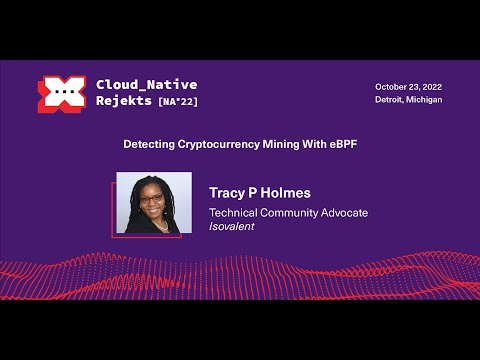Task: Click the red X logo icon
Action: tap(61, 93)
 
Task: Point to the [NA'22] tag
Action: tap(178, 102)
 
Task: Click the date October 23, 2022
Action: tap(408, 86)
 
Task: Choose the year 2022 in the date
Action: tap(429, 86)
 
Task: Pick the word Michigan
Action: tap(425, 100)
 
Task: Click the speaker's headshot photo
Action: tap(154, 204)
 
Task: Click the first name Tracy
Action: tap(229, 191)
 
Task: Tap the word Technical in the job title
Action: tap(232, 212)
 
